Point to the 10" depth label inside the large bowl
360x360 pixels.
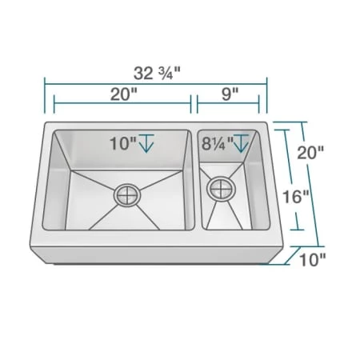coord(123,144)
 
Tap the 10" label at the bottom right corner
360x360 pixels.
coord(314,258)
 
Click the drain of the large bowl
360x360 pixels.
coord(127,194)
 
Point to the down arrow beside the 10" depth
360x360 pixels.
coord(147,144)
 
